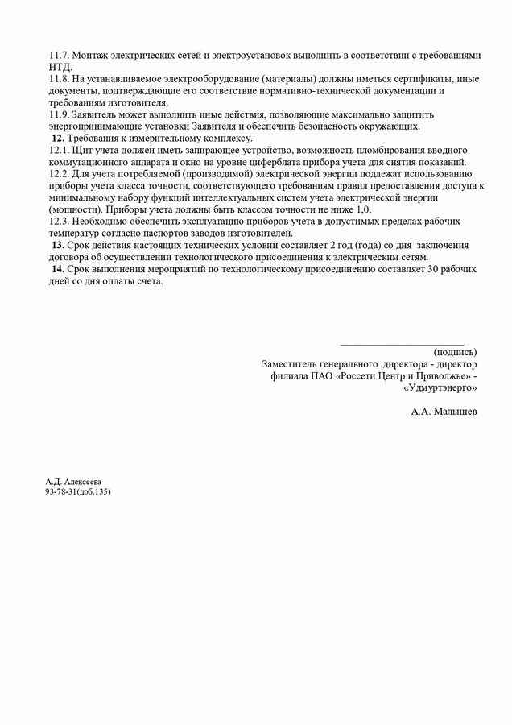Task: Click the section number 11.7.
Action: tap(59, 56)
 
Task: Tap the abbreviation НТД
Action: tap(60, 67)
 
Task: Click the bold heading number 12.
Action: tap(58, 139)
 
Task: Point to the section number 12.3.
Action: tap(59, 222)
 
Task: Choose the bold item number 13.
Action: tap(58, 246)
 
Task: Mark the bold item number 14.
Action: tap(58, 269)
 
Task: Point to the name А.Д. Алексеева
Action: tap(73, 482)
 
